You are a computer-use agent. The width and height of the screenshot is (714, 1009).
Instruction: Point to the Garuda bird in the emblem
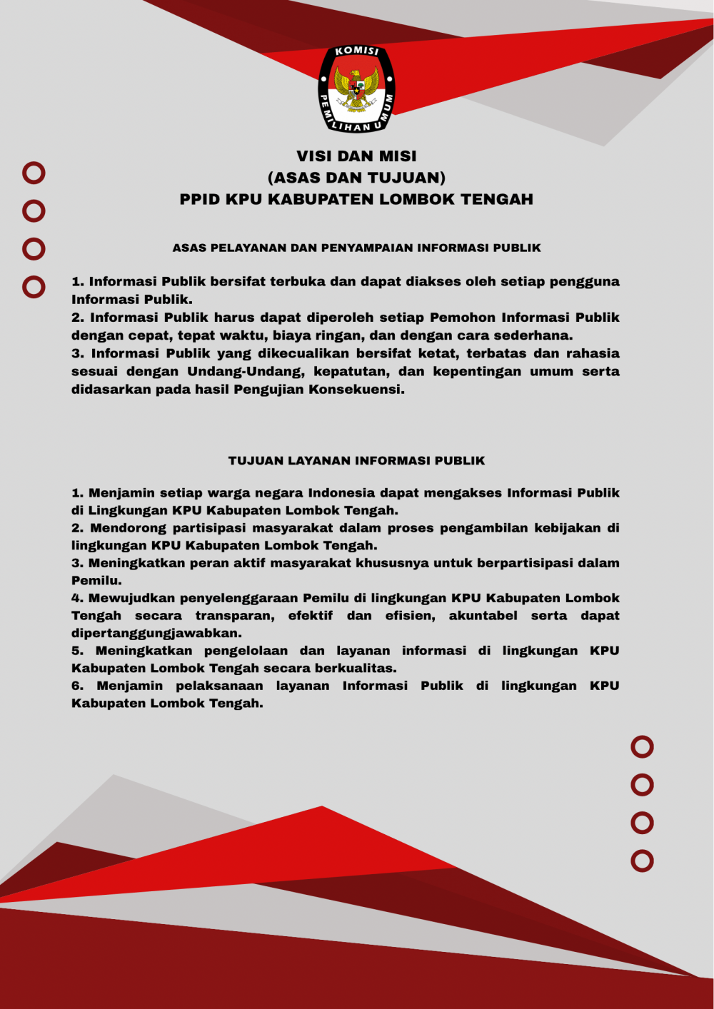(x=356, y=89)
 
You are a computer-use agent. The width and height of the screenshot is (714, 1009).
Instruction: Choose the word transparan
(x=235, y=616)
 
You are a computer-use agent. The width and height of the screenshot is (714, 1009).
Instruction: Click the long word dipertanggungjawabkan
(x=156, y=634)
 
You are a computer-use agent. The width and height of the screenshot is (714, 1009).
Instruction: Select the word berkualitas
(x=356, y=669)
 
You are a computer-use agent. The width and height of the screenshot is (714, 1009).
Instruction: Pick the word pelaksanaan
(x=219, y=686)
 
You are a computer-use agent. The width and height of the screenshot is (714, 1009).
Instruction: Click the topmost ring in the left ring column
(x=34, y=173)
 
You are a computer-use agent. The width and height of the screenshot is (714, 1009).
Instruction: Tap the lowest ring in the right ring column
(x=642, y=861)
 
